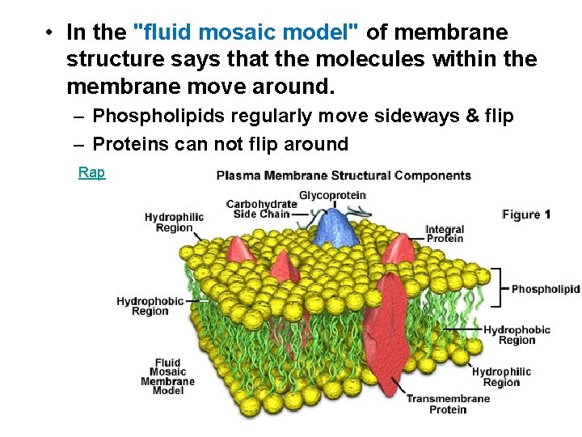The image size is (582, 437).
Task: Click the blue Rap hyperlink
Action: tap(91, 172)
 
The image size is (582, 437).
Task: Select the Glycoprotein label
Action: tap(332, 195)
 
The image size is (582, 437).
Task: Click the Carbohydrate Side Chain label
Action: tap(261, 209)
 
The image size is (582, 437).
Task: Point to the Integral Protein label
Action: tap(445, 234)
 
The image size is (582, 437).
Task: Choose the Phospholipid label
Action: tap(545, 289)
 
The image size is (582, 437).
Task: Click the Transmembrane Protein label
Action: tap(448, 404)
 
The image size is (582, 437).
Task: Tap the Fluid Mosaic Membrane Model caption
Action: tap(167, 376)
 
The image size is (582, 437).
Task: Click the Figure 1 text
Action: tap(526, 214)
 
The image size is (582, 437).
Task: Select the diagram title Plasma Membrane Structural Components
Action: tap(344, 176)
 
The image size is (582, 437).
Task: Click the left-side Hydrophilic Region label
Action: tap(174, 223)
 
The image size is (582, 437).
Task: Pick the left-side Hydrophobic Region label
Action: tap(150, 306)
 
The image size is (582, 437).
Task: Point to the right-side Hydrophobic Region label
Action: tap(517, 334)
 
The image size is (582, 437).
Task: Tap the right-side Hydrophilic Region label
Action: tap(501, 377)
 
